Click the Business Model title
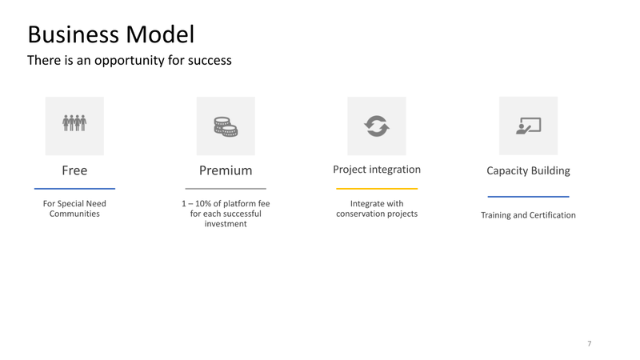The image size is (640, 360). click(x=111, y=34)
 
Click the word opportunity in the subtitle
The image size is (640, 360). click(x=129, y=61)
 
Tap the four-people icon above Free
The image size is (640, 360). click(x=74, y=123)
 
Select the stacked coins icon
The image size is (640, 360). click(x=226, y=126)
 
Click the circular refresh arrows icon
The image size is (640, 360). click(x=377, y=126)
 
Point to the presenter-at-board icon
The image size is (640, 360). click(x=528, y=126)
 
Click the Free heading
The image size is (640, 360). click(x=74, y=170)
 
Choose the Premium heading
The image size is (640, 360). click(x=226, y=170)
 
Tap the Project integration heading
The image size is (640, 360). click(x=377, y=170)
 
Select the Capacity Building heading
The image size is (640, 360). click(x=528, y=170)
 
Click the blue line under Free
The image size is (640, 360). click(x=74, y=189)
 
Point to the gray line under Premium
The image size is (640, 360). click(x=226, y=189)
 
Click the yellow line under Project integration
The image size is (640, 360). click(x=377, y=189)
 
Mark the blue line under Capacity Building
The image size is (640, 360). click(x=528, y=197)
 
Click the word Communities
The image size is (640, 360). click(x=74, y=214)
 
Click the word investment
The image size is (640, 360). click(x=226, y=224)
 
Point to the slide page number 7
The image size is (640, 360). click(x=589, y=344)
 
